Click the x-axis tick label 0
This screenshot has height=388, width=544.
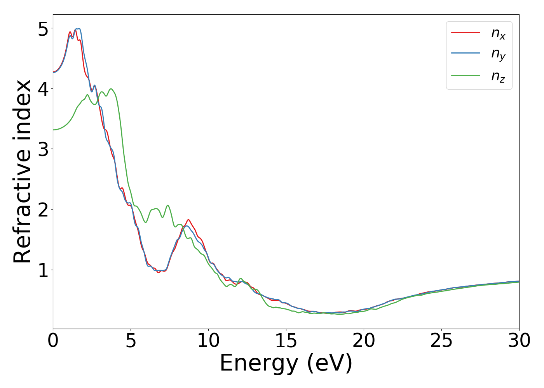click(x=53, y=341)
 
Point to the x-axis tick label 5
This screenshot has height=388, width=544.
click(x=131, y=341)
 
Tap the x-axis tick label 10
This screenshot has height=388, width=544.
click(x=208, y=341)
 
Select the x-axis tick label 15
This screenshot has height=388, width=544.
click(x=286, y=341)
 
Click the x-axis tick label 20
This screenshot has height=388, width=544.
click(x=364, y=341)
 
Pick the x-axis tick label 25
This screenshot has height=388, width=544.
click(x=441, y=341)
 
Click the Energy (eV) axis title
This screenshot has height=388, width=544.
click(x=286, y=364)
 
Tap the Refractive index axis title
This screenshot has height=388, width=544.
click(x=23, y=171)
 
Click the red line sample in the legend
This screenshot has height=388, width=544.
click(x=466, y=33)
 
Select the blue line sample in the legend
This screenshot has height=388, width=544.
click(x=466, y=54)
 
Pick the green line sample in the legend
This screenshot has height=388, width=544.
click(x=466, y=75)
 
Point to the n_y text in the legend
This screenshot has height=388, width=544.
click(x=498, y=55)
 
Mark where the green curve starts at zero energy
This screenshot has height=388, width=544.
click(x=53, y=130)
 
